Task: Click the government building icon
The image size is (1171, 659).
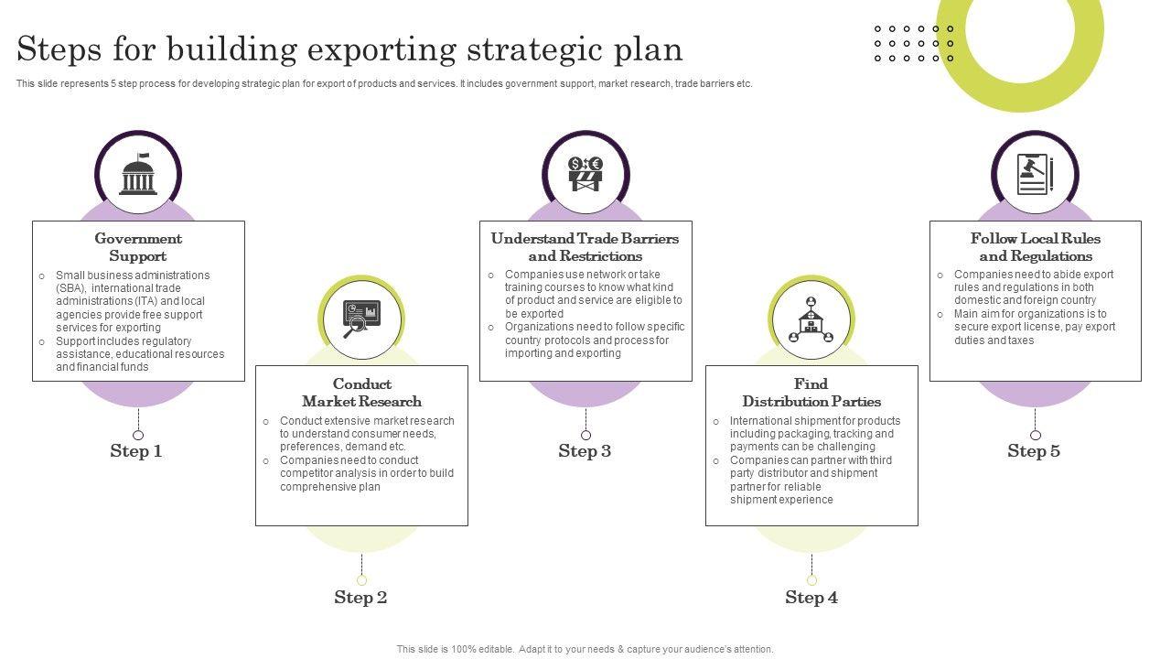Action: pyautogui.click(x=138, y=174)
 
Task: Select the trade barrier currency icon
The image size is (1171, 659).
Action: pyautogui.click(x=585, y=173)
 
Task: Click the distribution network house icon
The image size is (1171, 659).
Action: pyautogui.click(x=811, y=319)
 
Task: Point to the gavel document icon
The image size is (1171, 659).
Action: pyautogui.click(x=1035, y=174)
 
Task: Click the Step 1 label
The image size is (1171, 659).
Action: pyautogui.click(x=136, y=450)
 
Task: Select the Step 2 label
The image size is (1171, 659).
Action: pyautogui.click(x=360, y=597)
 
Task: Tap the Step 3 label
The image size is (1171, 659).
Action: pyautogui.click(x=585, y=450)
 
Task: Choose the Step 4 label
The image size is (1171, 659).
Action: pyautogui.click(x=811, y=597)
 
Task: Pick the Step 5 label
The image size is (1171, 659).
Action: pyautogui.click(x=1034, y=450)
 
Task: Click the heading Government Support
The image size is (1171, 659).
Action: pyautogui.click(x=138, y=247)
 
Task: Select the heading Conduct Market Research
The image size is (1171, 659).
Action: pyautogui.click(x=361, y=393)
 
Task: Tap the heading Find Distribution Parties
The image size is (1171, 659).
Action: pyautogui.click(x=811, y=393)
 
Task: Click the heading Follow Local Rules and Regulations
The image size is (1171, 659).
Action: pyautogui.click(x=1036, y=247)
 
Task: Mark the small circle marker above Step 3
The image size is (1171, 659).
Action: pyautogui.click(x=585, y=435)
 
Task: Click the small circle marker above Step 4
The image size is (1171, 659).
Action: pyautogui.click(x=811, y=580)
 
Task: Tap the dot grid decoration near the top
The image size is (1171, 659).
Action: pyautogui.click(x=914, y=44)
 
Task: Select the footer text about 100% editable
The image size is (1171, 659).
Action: pyautogui.click(x=585, y=649)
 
